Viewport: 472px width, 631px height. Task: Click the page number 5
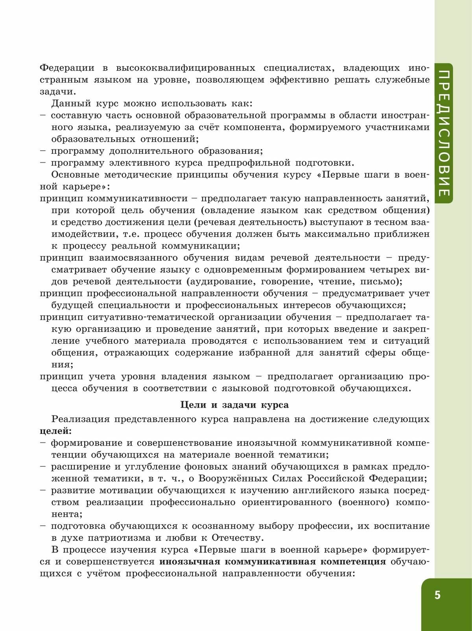(x=437, y=595)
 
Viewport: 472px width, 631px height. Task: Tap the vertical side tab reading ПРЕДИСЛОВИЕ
(x=443, y=133)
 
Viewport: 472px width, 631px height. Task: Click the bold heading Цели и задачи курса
(x=234, y=405)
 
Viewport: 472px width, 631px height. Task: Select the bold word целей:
(x=56, y=431)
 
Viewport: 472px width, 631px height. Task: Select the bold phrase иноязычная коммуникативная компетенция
(x=273, y=562)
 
